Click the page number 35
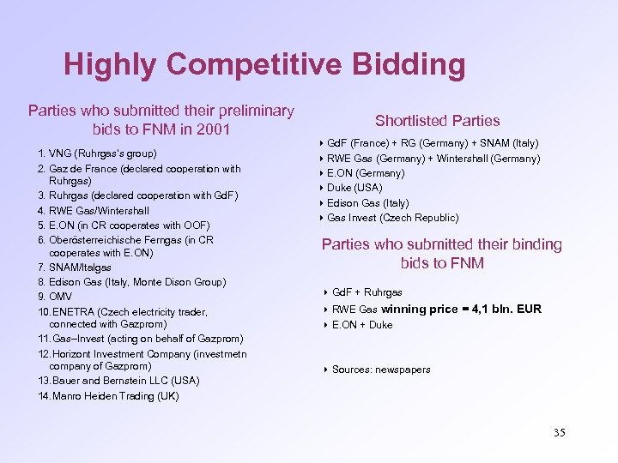tap(560, 432)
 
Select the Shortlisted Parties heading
tap(437, 121)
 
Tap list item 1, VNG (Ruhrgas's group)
tap(96, 153)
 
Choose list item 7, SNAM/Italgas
tap(75, 268)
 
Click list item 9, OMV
tap(56, 296)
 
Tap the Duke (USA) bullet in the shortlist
tap(354, 188)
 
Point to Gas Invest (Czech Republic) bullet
tap(392, 218)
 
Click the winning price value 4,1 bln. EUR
tap(506, 309)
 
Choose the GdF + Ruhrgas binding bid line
tap(367, 292)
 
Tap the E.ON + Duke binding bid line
tap(361, 325)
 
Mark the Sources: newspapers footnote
tap(381, 370)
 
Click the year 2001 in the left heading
tap(210, 129)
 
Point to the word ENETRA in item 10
tap(75, 312)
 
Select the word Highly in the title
tap(110, 64)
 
